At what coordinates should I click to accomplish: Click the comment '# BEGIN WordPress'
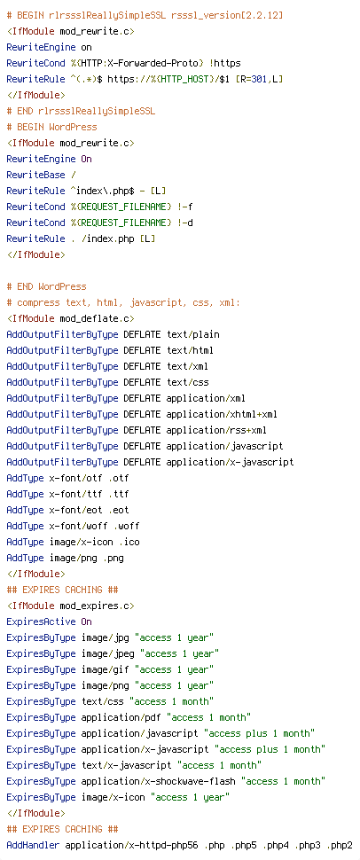coord(51,128)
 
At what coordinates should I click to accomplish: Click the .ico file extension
coord(129,542)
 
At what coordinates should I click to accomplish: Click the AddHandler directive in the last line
coord(33,845)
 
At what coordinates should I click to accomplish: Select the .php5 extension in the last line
coord(247,845)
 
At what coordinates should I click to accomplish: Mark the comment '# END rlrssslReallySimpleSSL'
coord(81,111)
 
